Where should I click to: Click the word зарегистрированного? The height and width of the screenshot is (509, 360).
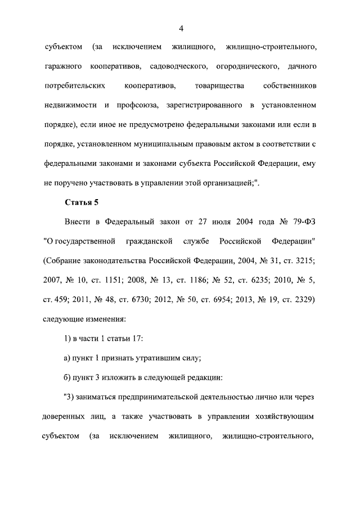click(198, 105)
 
